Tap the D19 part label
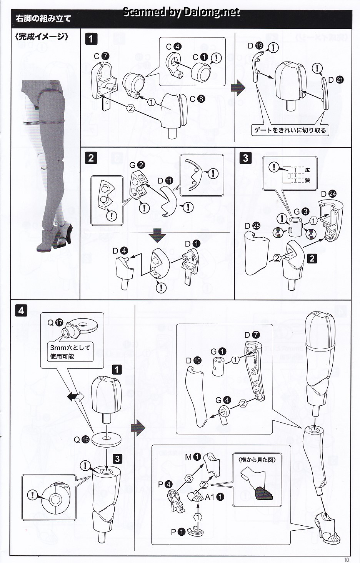click(x=255, y=46)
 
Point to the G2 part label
click(x=137, y=165)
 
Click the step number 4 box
click(x=21, y=310)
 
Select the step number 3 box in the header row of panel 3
click(x=245, y=158)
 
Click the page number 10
click(x=347, y=559)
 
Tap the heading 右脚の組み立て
click(x=43, y=18)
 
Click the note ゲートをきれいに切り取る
click(x=290, y=130)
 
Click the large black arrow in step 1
click(x=238, y=87)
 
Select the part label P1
click(x=178, y=532)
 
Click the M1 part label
click(x=193, y=457)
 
